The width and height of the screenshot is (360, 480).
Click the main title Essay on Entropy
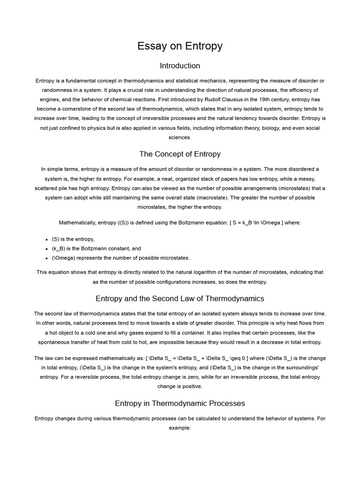(180, 46)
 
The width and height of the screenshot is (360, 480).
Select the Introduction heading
(180, 66)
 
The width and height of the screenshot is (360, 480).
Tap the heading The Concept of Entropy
(180, 154)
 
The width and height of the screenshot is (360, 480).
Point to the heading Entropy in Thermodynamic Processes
(180, 403)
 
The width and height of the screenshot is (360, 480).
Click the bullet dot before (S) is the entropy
(47, 240)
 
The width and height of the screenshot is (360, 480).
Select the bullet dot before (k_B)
(47, 249)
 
